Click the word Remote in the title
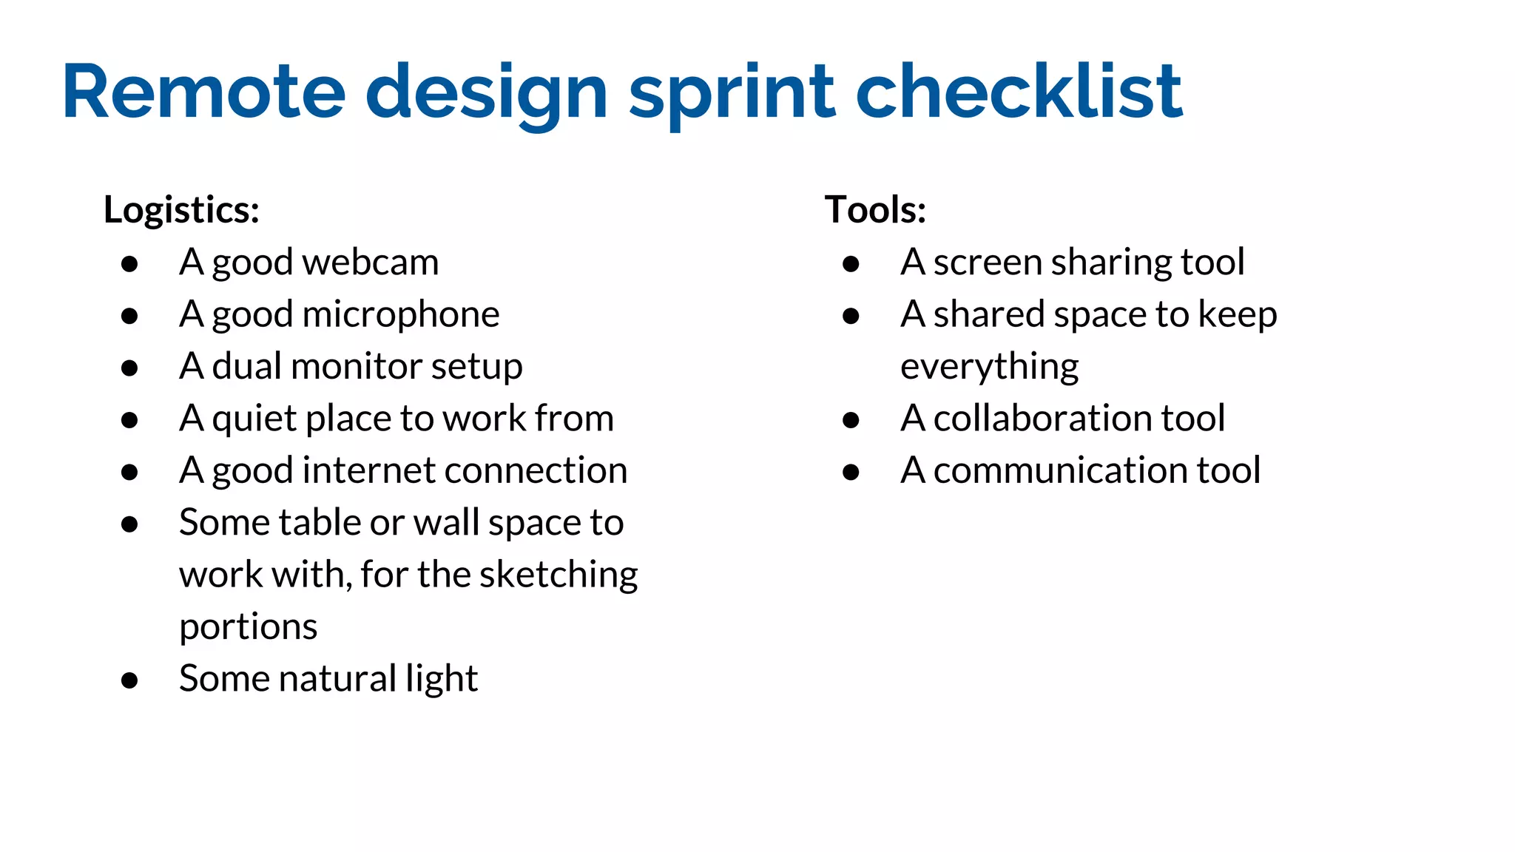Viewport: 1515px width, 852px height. tap(204, 92)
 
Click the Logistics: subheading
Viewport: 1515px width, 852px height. tap(181, 209)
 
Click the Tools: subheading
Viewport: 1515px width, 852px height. tap(875, 209)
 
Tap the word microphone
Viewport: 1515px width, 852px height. tap(400, 315)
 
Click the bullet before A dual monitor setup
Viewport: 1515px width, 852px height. tap(129, 368)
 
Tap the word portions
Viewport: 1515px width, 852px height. tap(248, 627)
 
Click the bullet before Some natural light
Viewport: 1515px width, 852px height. tap(129, 680)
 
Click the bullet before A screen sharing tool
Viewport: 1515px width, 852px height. tap(851, 263)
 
